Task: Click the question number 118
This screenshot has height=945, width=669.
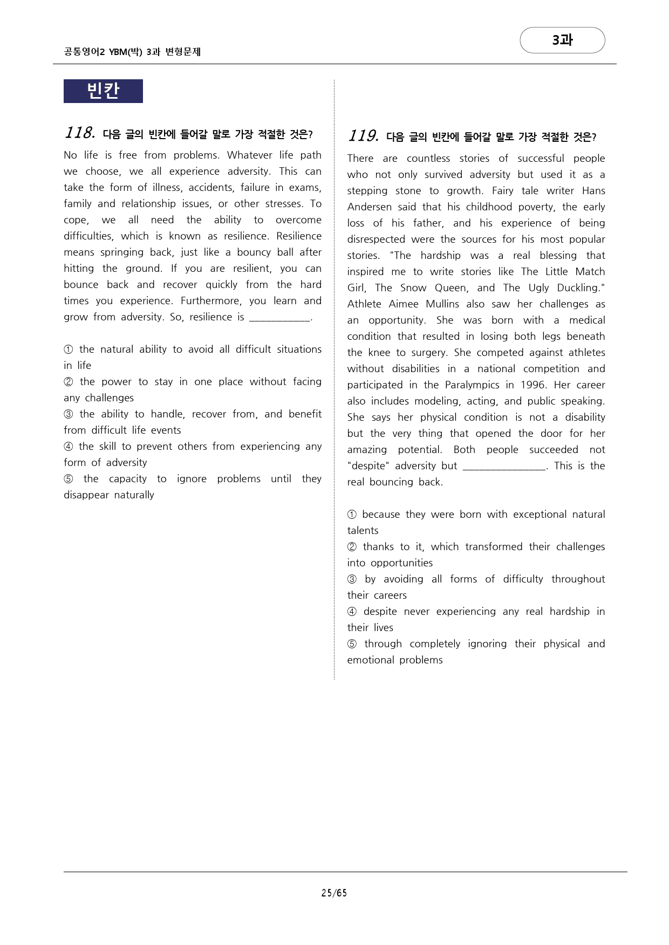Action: (x=79, y=133)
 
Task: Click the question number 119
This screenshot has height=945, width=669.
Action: (x=363, y=136)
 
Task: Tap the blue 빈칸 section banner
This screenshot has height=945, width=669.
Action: (x=103, y=91)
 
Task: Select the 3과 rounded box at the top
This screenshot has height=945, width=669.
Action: (x=562, y=40)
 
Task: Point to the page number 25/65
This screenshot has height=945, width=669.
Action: (x=334, y=893)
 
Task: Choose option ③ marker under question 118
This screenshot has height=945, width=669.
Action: (x=69, y=414)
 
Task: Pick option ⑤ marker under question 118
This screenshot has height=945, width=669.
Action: (x=69, y=479)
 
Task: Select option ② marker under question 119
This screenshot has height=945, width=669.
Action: (x=352, y=547)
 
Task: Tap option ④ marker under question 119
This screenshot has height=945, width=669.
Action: (x=352, y=612)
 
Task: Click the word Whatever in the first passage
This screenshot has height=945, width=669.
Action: (x=249, y=155)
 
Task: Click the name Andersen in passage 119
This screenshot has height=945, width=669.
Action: (x=368, y=207)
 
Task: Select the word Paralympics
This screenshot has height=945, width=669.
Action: (x=472, y=385)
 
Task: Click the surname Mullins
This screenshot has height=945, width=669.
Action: (x=442, y=304)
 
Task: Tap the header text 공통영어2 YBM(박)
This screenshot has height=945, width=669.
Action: (x=103, y=52)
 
